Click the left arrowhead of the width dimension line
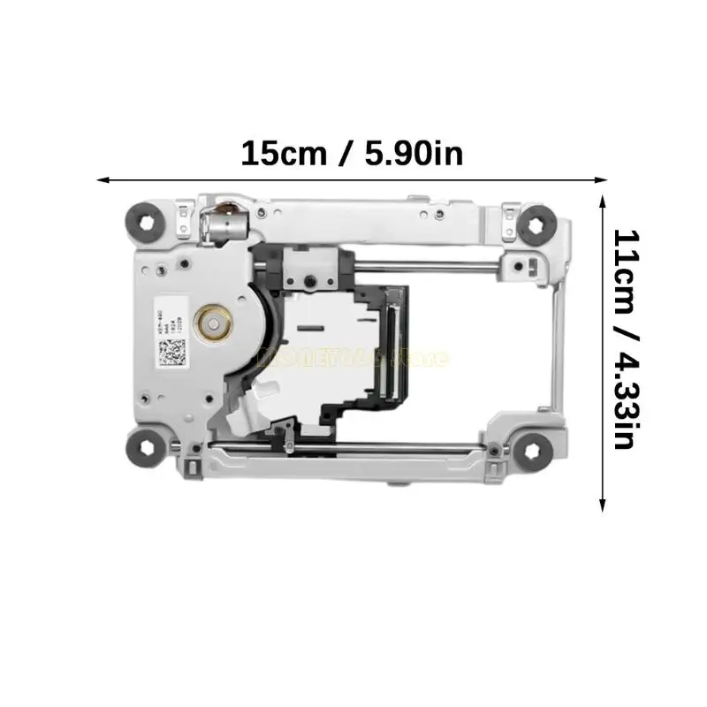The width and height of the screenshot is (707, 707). coord(101,179)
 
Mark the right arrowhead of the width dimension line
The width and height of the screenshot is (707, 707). coord(604,179)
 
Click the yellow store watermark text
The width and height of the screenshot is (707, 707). coord(353,359)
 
